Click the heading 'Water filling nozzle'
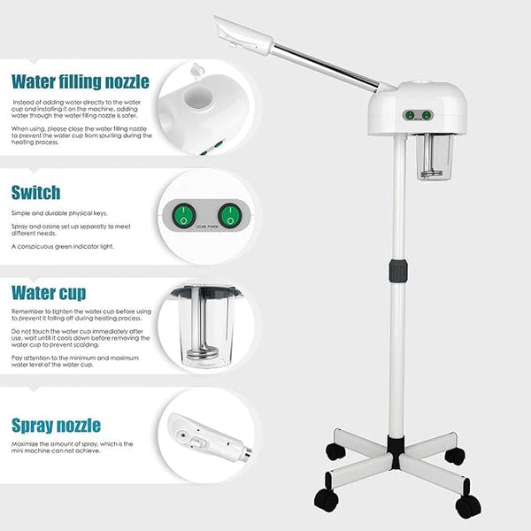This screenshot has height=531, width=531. (x=81, y=82)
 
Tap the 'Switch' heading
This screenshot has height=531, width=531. (x=36, y=193)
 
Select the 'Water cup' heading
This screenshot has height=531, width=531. (x=49, y=293)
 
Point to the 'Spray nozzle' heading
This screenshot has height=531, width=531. (x=57, y=426)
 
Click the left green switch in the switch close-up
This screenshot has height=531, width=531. (x=183, y=215)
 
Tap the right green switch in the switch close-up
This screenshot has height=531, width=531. (x=230, y=215)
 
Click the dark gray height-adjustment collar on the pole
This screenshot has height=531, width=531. (x=398, y=271)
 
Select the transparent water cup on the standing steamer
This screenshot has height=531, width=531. (x=435, y=157)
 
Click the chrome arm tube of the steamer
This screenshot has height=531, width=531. (x=327, y=68)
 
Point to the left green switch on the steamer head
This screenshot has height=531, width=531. (x=410, y=115)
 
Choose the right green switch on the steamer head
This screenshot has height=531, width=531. (x=427, y=115)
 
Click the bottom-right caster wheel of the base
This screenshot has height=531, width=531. (x=467, y=504)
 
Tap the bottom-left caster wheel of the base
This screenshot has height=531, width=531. (x=327, y=499)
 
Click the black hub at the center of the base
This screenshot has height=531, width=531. (x=396, y=452)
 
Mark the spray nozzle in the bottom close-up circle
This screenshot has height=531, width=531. (x=210, y=437)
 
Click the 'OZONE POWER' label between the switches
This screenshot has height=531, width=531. (x=207, y=227)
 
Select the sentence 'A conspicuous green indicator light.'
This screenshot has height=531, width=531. (x=63, y=247)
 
